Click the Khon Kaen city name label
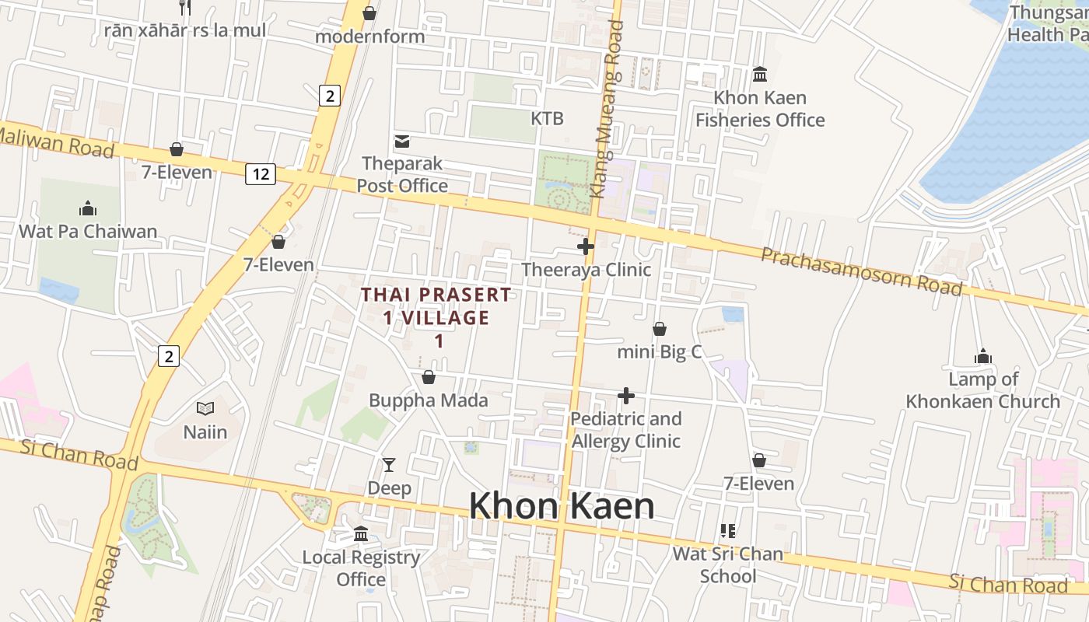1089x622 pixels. [561, 506]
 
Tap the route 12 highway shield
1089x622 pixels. [260, 174]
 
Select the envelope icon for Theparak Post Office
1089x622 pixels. [402, 142]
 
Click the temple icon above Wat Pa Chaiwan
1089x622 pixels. [88, 208]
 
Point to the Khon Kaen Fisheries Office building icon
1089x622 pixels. [760, 75]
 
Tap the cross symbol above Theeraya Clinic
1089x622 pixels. [586, 247]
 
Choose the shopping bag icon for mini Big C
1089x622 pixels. [659, 329]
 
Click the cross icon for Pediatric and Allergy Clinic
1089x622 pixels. [625, 397]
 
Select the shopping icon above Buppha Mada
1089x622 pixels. [428, 378]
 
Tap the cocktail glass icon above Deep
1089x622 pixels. [389, 465]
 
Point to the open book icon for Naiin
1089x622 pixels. [205, 408]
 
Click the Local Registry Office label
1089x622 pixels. [361, 568]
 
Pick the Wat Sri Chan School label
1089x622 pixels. [727, 565]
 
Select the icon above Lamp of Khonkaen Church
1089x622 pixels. [983, 357]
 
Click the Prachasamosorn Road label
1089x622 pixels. [861, 271]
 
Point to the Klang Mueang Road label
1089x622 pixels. [607, 109]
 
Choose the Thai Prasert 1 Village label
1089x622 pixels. [436, 317]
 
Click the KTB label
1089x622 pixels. [547, 119]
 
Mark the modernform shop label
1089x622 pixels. [370, 37]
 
